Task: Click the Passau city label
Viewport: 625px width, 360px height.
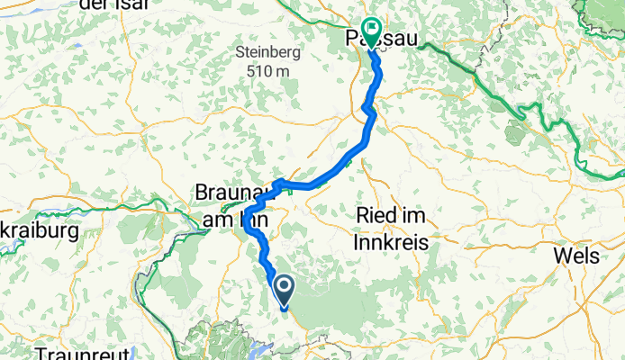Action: (x=372, y=39)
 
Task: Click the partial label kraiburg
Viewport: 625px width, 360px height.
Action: (x=39, y=231)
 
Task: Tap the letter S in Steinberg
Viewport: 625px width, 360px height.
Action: (x=240, y=51)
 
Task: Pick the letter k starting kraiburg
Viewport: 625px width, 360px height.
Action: (x=5, y=231)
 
